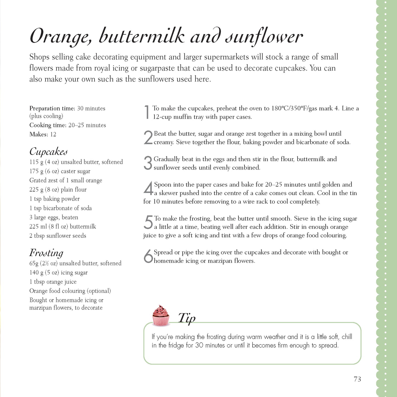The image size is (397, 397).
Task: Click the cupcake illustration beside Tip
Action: coord(161,316)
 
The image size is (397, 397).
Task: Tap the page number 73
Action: coord(357,379)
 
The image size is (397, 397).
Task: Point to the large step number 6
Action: coord(148,256)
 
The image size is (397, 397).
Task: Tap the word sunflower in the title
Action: coord(264,37)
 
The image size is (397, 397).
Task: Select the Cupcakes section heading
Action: coord(48,152)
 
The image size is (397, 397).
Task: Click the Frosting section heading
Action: coord(46,253)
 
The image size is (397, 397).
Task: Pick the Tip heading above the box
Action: coord(187,318)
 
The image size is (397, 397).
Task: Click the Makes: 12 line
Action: coord(43,134)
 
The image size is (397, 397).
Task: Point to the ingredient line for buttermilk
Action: coord(63,227)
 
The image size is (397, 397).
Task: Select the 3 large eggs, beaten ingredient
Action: coord(54,217)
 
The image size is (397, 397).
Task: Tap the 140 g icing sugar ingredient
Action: coord(59,273)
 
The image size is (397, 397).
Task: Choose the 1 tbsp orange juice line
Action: coord(53,282)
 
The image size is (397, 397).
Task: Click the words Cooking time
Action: coord(48,125)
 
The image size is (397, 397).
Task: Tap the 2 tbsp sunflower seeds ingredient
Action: coord(58,236)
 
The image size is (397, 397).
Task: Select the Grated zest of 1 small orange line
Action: coord(66,181)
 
